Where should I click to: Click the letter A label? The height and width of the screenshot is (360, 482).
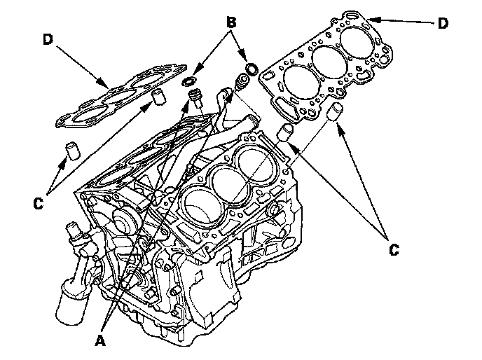[100, 340]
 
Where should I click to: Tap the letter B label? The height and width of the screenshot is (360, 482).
[231, 22]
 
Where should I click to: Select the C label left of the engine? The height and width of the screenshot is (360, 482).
[39, 204]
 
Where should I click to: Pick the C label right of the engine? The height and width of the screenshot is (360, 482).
[394, 250]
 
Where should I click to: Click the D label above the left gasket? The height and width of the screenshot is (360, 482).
[48, 39]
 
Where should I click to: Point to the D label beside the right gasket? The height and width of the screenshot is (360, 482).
[443, 23]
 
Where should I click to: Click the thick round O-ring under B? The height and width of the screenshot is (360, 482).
[252, 69]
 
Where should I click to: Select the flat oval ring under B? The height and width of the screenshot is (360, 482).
[188, 83]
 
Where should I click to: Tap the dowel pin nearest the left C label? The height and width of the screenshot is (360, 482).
[73, 151]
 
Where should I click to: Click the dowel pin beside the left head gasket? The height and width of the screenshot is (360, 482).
[159, 97]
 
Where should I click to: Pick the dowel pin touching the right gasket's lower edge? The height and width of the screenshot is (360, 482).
[334, 113]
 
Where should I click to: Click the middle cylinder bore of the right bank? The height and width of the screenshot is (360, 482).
[230, 184]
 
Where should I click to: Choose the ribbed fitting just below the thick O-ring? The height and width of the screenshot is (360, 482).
[241, 82]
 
